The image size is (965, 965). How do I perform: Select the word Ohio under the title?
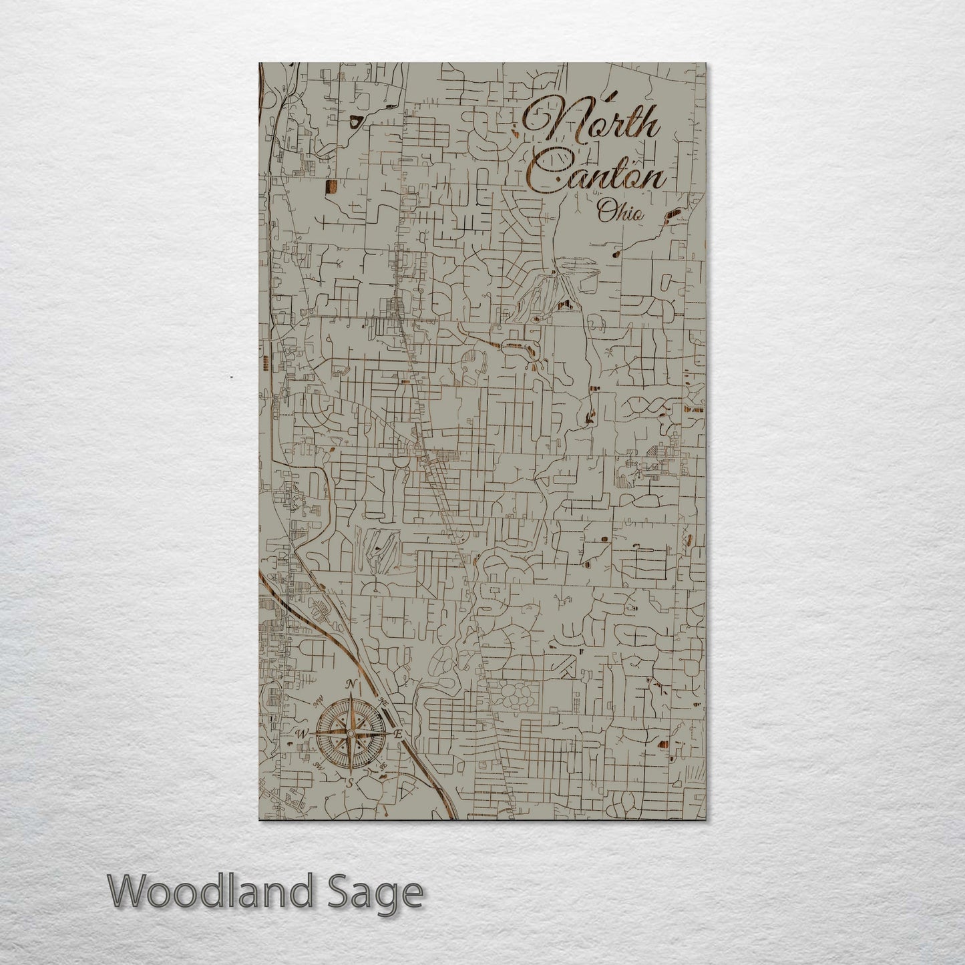(621, 213)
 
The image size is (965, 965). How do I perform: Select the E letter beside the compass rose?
(398, 734)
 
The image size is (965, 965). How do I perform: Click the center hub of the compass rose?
(350, 734)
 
